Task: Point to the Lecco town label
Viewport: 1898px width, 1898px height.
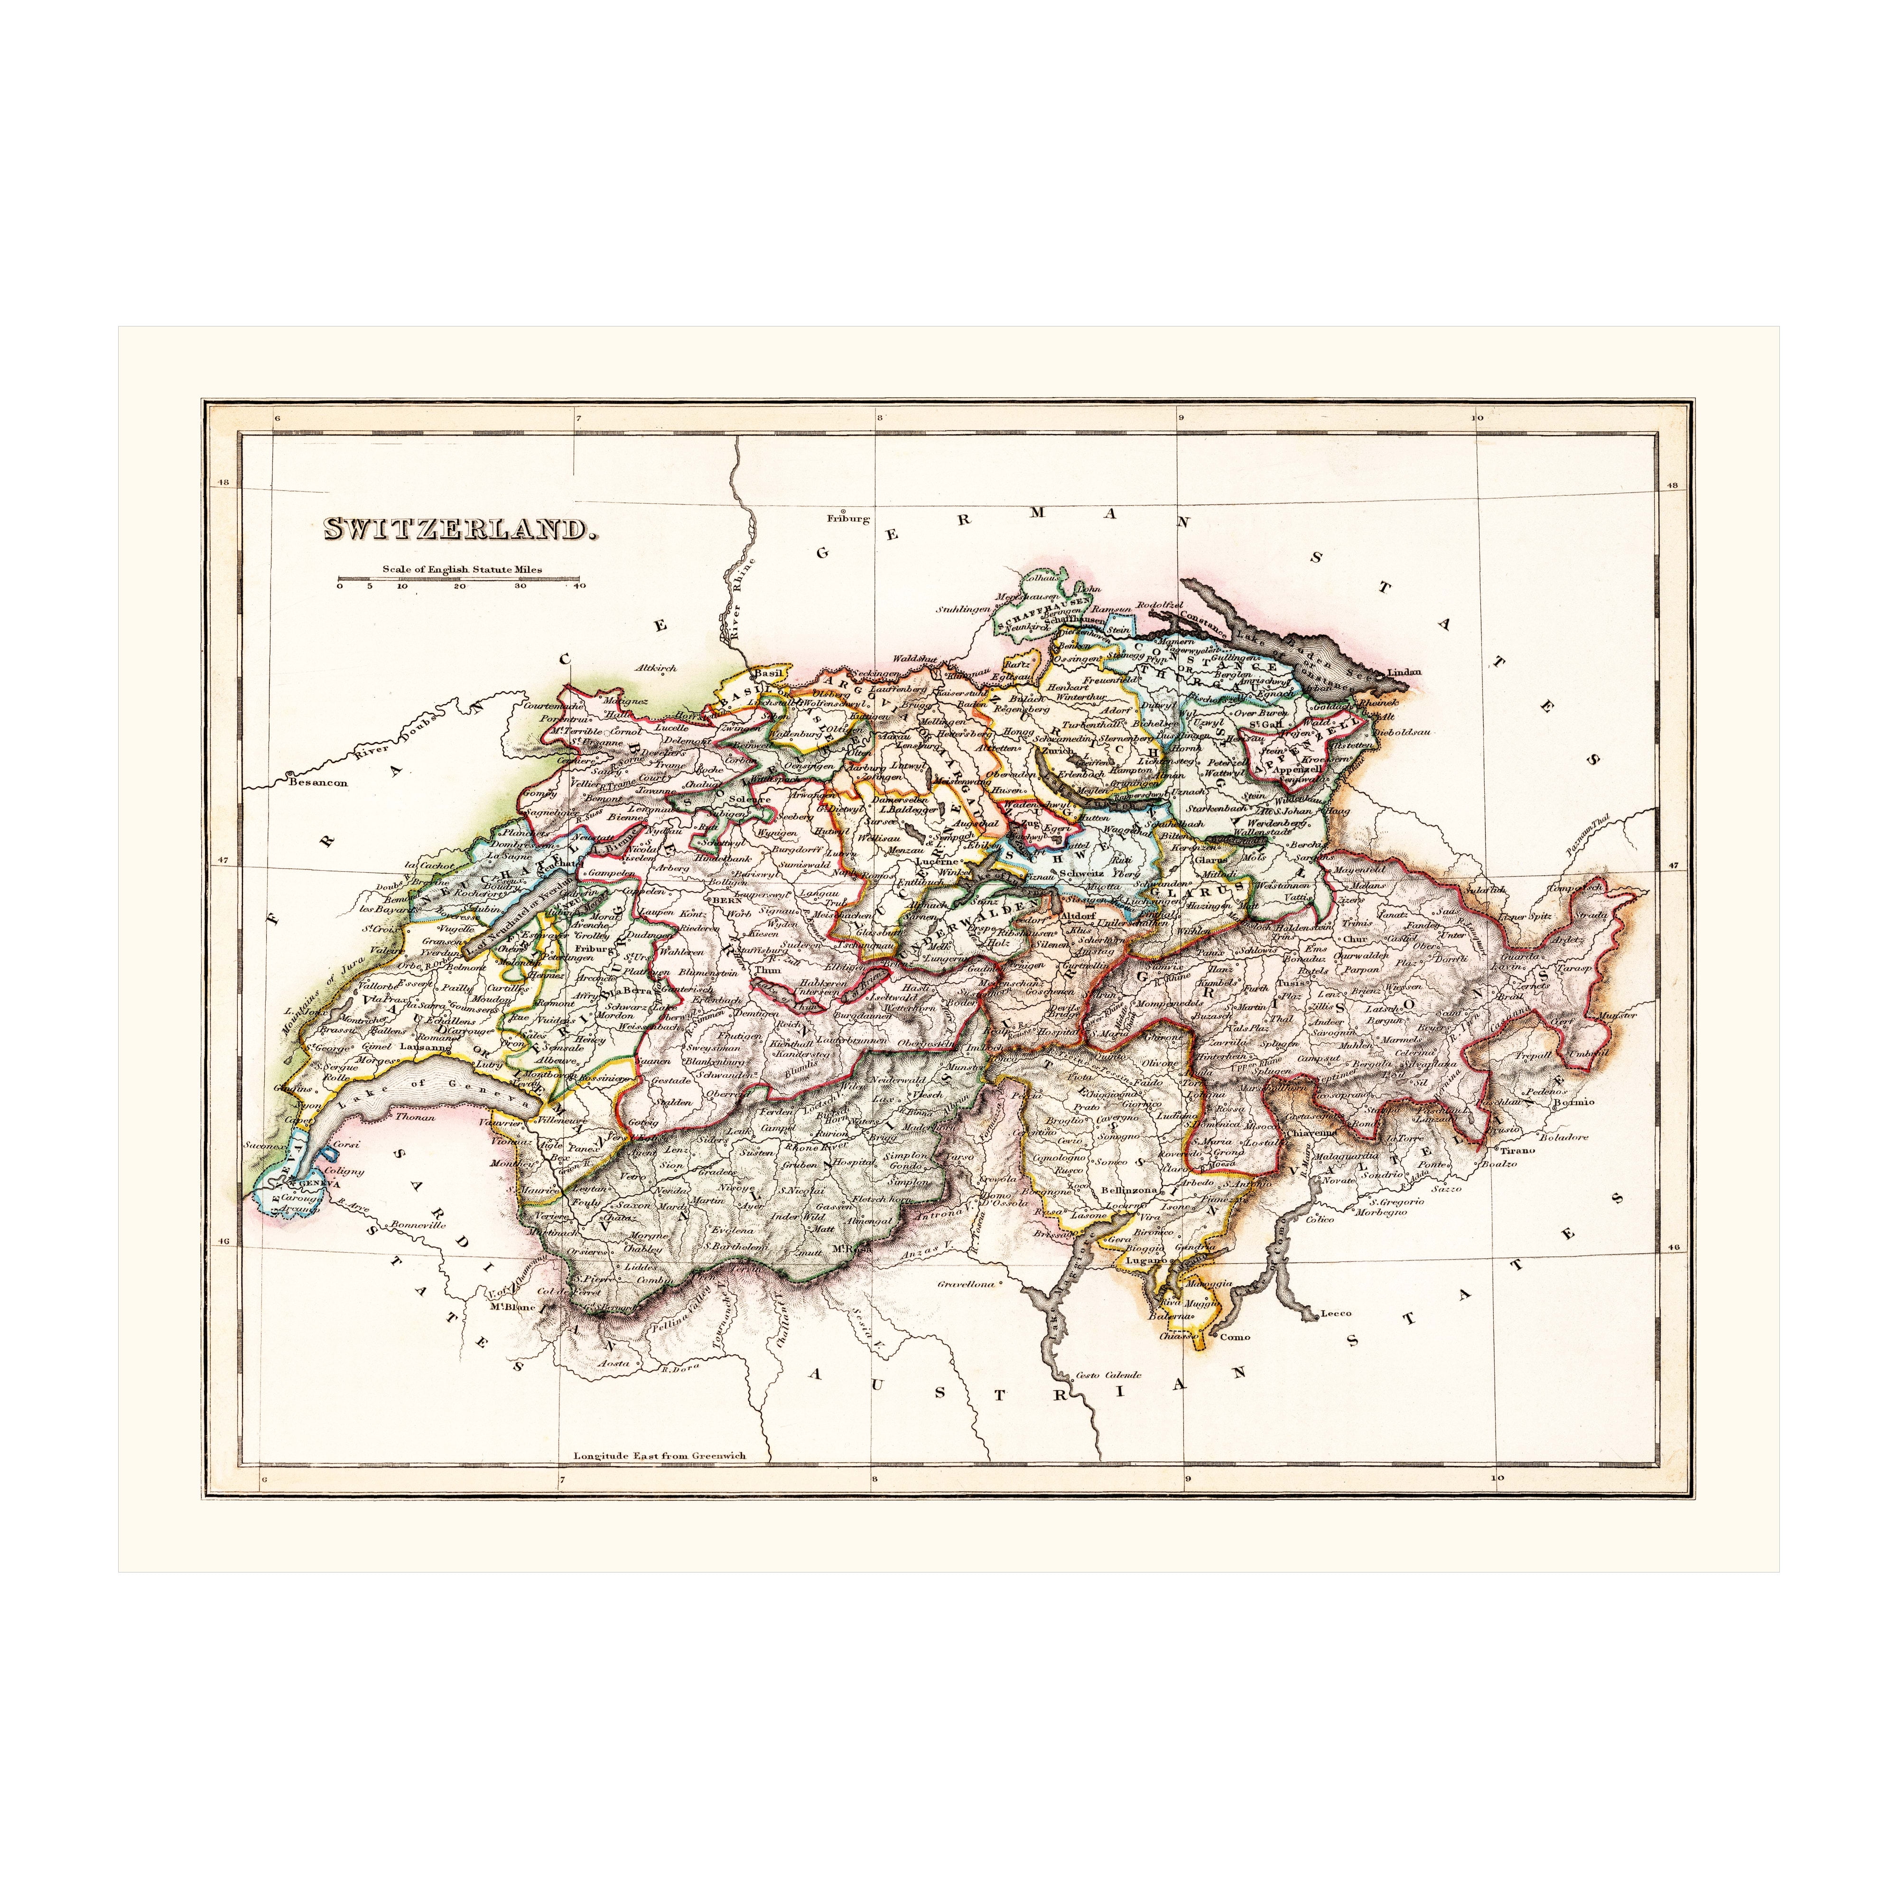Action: pos(1336,1312)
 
